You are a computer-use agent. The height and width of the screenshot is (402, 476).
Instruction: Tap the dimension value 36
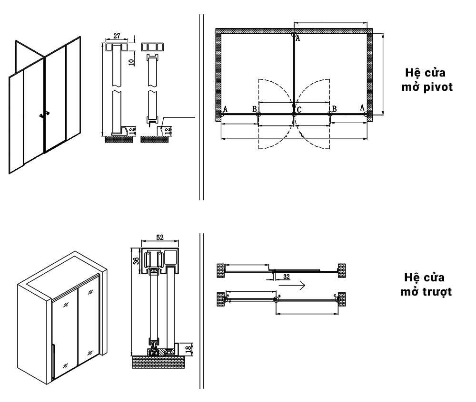[136, 261]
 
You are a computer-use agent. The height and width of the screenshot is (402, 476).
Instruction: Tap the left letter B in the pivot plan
[255, 109]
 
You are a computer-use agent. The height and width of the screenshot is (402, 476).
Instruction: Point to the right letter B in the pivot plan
[335, 109]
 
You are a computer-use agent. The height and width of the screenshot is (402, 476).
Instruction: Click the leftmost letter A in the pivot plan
[225, 109]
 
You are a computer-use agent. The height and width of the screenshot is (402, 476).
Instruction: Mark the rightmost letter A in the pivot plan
[362, 108]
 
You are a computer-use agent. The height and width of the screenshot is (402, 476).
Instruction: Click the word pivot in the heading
[438, 88]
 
